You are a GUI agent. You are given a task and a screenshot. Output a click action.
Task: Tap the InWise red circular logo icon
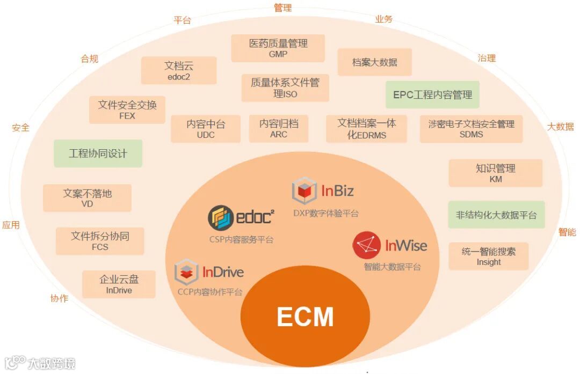[x=367, y=246]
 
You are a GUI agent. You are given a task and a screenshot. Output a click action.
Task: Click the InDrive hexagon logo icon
[x=187, y=272]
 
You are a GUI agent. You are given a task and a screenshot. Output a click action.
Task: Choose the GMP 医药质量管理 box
[x=278, y=48]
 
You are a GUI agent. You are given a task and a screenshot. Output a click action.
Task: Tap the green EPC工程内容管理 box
[x=432, y=95]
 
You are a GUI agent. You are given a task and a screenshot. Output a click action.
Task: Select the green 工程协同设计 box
[x=98, y=153]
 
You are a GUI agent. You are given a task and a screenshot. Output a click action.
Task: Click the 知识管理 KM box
[x=495, y=173]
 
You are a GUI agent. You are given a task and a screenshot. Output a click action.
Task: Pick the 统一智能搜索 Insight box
[x=488, y=256]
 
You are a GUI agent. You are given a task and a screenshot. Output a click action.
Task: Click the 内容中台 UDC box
[x=206, y=129]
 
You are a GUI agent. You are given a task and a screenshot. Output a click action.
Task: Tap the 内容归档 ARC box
[x=279, y=128]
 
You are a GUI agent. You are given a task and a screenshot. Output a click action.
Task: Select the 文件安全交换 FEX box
[x=127, y=109]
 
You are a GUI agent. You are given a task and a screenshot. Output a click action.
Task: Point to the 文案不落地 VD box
[x=87, y=198]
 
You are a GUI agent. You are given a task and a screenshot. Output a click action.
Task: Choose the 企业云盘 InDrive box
[x=119, y=284]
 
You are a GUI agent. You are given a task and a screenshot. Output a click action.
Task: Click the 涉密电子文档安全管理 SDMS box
[x=471, y=129]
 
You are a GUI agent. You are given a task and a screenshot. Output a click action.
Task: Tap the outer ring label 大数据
[x=560, y=127]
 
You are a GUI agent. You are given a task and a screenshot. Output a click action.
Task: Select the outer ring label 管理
[x=282, y=8]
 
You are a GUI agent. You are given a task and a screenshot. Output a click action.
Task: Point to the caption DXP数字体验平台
[x=326, y=213]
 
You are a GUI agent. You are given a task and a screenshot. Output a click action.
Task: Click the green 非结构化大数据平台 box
[x=496, y=215]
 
